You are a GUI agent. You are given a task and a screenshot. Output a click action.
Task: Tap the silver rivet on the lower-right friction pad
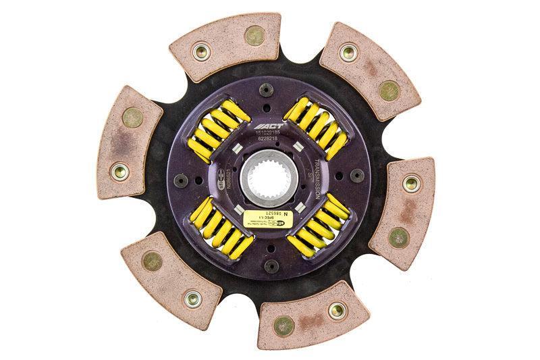click(x=335, y=310)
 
